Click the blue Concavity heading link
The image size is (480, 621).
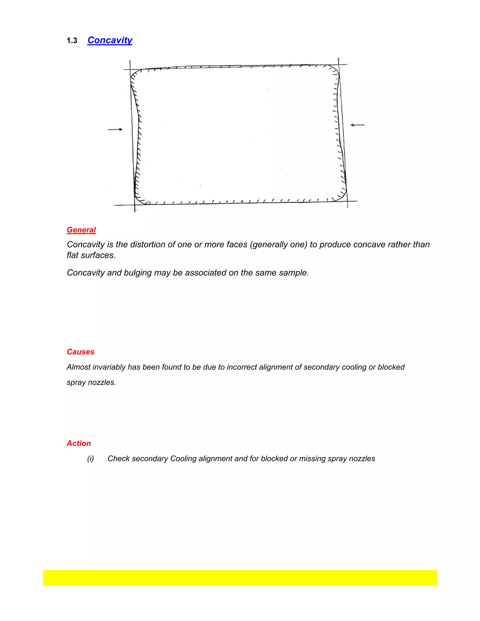click(110, 40)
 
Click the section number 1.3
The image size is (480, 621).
click(72, 41)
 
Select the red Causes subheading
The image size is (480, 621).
click(80, 352)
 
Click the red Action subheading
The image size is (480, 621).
click(79, 443)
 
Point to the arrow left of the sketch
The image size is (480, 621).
click(115, 129)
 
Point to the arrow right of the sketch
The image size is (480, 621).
click(357, 125)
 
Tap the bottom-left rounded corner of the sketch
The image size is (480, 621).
click(139, 200)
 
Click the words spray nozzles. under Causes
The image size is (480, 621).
click(91, 382)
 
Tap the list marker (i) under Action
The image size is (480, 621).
click(90, 459)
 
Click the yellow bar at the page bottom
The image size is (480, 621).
click(240, 577)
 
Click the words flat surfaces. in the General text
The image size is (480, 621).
click(91, 255)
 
